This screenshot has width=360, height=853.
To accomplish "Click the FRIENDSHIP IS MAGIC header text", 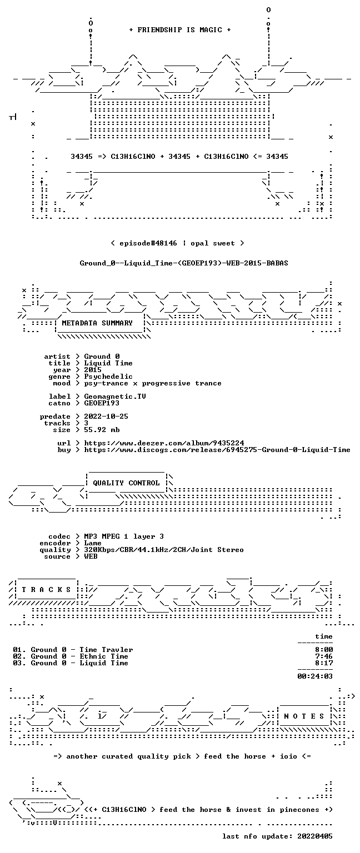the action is pyautogui.click(x=180, y=29).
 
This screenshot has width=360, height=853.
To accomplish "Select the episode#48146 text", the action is pyautogui.click(x=148, y=243).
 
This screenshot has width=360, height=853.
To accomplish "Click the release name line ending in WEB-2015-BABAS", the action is pyautogui.click(x=184, y=263).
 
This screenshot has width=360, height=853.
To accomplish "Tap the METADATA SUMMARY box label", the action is pyautogui.click(x=97, y=323).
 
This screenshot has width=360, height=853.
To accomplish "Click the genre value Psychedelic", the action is pyautogui.click(x=108, y=376).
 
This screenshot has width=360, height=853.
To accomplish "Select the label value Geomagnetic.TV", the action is pyautogui.click(x=115, y=397).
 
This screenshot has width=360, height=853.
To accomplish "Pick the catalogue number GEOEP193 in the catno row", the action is pyautogui.click(x=102, y=403).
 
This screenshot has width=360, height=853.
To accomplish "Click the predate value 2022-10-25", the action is pyautogui.click(x=106, y=416).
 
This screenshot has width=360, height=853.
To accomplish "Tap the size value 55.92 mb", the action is pyautogui.click(x=102, y=429).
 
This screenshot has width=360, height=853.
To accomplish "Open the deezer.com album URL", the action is pyautogui.click(x=164, y=443).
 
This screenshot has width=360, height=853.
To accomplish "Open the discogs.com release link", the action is pyautogui.click(x=217, y=450).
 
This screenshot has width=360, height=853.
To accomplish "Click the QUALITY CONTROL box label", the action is pyautogui.click(x=126, y=483).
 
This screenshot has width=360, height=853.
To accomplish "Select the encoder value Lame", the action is pyautogui.click(x=93, y=543).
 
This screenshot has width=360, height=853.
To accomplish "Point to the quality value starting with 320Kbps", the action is pyautogui.click(x=164, y=549).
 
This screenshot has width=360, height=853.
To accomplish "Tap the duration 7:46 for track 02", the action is pyautogui.click(x=324, y=656).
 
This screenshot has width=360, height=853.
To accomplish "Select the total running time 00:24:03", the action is pyautogui.click(x=315, y=676).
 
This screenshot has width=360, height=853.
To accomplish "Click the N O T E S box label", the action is pyautogui.click(x=304, y=716).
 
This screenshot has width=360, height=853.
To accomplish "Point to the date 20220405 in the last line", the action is pyautogui.click(x=314, y=836).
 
